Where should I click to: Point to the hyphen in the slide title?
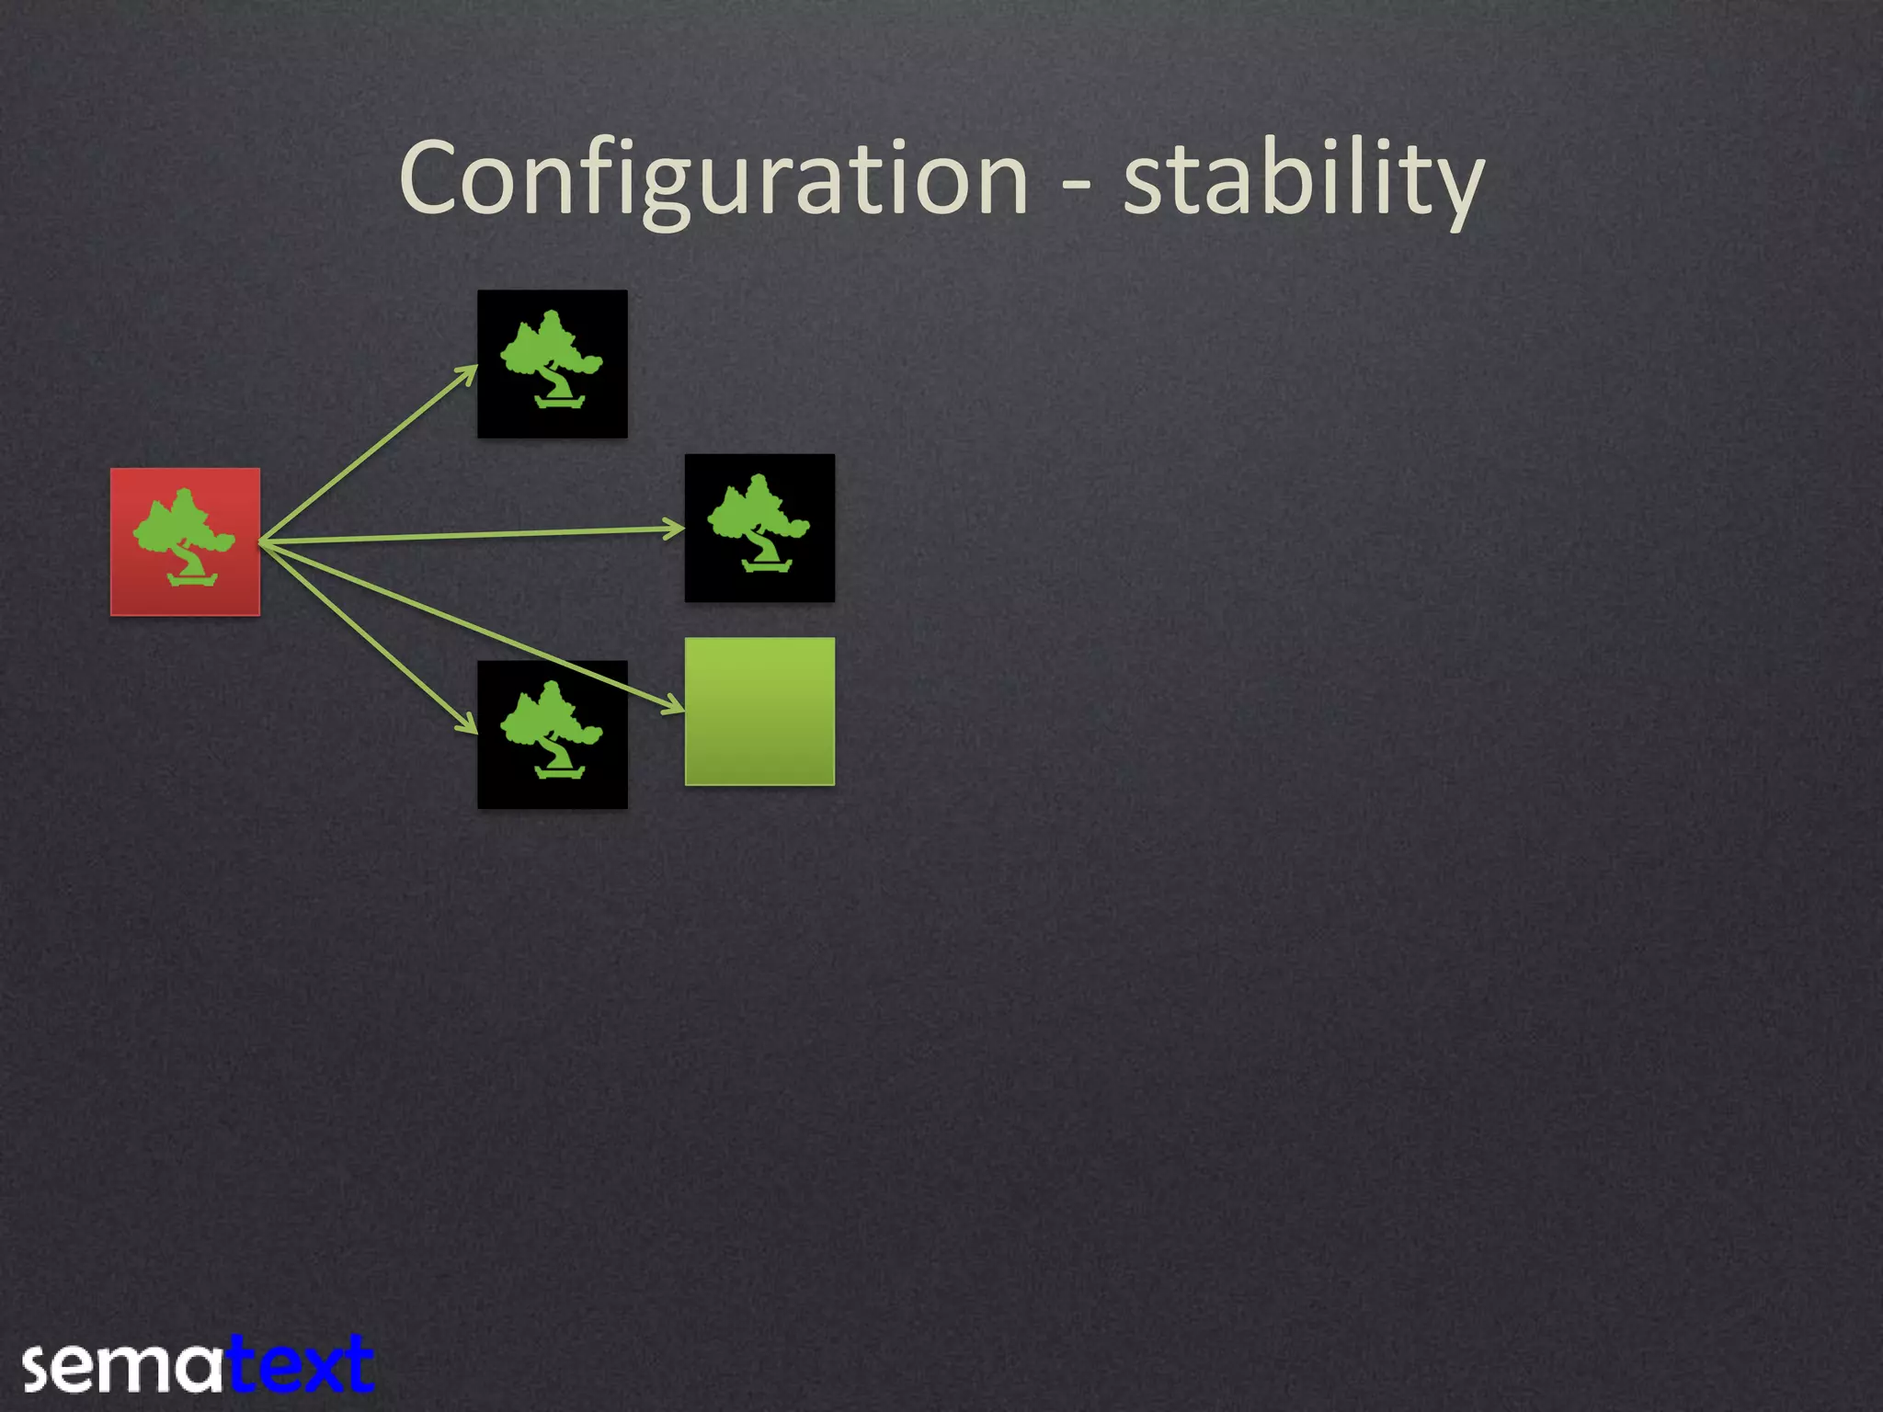coord(1077,184)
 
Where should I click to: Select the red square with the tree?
coord(185,541)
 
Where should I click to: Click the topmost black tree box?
coord(552,363)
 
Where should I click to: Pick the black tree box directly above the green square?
coord(759,528)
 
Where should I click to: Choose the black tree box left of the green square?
coord(552,734)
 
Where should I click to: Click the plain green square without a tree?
coord(759,711)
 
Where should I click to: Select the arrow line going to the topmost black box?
coord(368,453)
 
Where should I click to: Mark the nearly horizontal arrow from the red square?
coord(469,535)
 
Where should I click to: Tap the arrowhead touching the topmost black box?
coord(470,372)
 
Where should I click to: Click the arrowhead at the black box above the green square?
coord(676,528)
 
